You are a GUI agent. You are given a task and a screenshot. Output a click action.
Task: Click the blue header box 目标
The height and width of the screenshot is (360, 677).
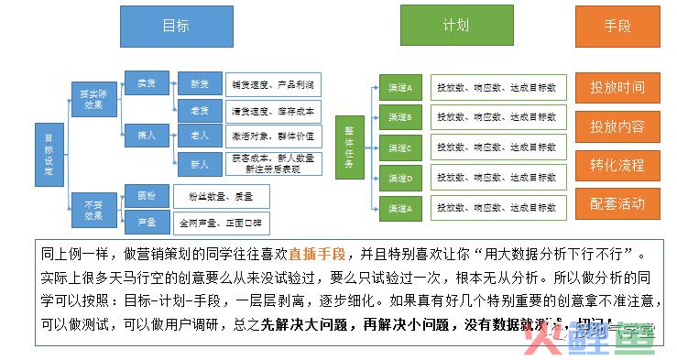176,26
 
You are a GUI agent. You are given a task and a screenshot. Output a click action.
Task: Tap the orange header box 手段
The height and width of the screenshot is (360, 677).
617,26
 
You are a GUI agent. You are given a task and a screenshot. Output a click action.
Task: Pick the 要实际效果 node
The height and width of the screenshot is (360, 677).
89,98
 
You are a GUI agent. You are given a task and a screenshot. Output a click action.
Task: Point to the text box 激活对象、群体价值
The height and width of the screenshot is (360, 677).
272,136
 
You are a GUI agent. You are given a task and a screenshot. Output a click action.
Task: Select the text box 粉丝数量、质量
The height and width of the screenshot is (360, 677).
221,195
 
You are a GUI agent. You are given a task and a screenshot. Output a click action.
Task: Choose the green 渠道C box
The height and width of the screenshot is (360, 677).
399,147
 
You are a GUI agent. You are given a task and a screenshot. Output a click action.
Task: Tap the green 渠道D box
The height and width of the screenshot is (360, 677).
399,178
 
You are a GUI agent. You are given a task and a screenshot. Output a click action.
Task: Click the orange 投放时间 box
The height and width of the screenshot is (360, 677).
617,88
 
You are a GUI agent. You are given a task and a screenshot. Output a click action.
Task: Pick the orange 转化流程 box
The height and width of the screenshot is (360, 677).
617,165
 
